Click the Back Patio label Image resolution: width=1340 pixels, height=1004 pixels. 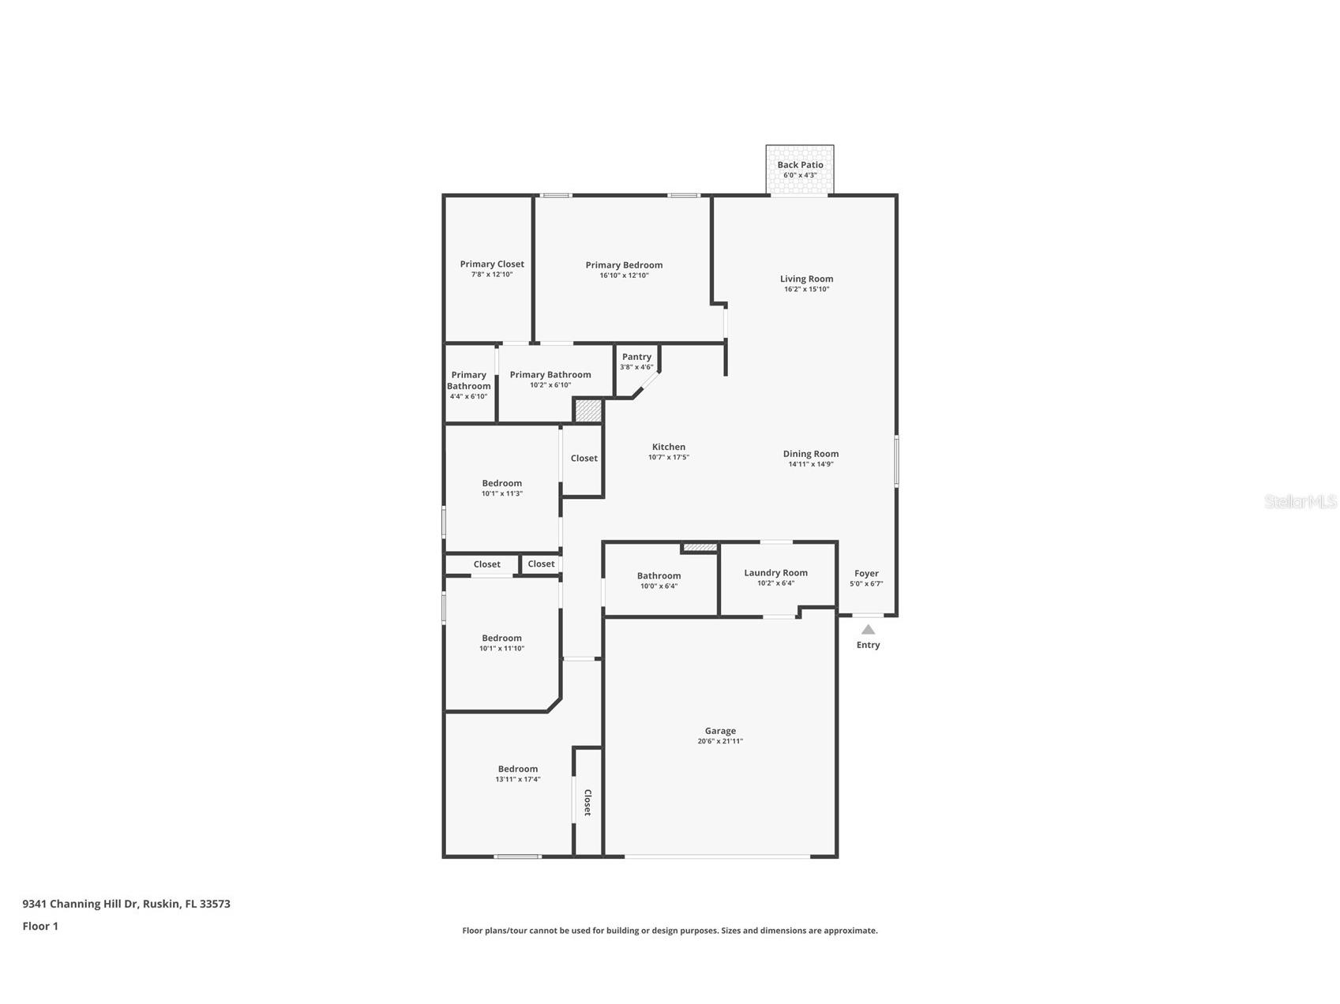[800, 165]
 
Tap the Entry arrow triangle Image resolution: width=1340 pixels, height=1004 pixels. [868, 629]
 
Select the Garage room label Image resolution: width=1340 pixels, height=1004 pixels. [720, 731]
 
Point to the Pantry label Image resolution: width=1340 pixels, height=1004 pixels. [636, 357]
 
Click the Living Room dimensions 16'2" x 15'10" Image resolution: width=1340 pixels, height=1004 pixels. [806, 290]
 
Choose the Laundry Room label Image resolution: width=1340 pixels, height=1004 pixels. [775, 573]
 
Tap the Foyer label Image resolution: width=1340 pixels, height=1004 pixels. [866, 574]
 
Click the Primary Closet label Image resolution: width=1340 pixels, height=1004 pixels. [492, 264]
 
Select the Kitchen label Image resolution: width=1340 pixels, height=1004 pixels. [668, 447]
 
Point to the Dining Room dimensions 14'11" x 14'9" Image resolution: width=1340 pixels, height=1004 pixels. [810, 465]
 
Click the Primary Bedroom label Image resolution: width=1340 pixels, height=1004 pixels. [624, 265]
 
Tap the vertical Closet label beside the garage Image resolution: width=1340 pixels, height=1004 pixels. [587, 802]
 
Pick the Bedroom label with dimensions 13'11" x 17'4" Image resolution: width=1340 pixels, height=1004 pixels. [517, 769]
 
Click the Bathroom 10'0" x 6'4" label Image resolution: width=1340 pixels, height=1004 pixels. [659, 576]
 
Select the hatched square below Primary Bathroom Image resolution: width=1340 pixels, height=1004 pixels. [587, 410]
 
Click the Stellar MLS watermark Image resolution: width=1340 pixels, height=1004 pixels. [1300, 502]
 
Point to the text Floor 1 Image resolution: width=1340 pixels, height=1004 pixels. [40, 927]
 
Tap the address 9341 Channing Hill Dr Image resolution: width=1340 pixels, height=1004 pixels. [126, 904]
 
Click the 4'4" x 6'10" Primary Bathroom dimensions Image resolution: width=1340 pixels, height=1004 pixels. [468, 396]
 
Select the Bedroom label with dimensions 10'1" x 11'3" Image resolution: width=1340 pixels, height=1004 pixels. [501, 483]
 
